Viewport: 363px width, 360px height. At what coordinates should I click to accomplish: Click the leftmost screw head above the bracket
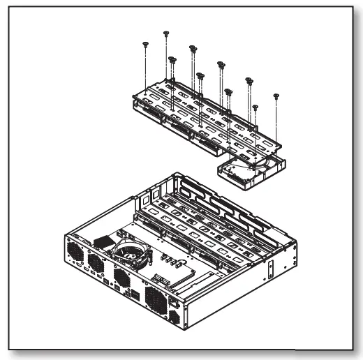click(142, 43)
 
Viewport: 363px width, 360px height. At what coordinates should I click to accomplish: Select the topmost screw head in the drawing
click(166, 33)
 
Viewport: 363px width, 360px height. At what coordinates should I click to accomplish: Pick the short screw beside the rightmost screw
click(255, 107)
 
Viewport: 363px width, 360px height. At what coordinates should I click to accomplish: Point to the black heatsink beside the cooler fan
click(105, 240)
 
